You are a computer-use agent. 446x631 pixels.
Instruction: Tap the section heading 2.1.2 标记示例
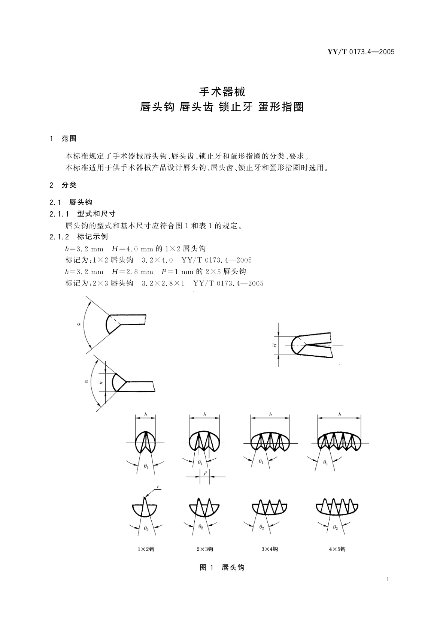[x=79, y=237]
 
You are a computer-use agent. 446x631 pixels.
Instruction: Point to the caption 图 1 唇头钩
[x=222, y=568]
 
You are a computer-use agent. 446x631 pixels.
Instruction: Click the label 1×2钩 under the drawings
[x=146, y=549]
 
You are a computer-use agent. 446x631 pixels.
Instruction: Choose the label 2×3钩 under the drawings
[x=205, y=549]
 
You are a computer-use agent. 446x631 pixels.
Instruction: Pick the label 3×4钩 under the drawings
[x=270, y=549]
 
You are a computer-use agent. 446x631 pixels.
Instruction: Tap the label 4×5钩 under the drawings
[x=337, y=549]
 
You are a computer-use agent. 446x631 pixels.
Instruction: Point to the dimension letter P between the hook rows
[x=205, y=473]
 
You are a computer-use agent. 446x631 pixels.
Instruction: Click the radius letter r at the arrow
[x=158, y=487]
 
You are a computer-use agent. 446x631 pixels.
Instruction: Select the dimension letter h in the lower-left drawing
[x=100, y=383]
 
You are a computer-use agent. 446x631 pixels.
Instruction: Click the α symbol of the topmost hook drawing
[x=79, y=324]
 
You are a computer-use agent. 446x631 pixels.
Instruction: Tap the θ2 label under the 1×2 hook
[x=146, y=528]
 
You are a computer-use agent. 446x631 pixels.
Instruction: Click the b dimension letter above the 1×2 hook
[x=145, y=415]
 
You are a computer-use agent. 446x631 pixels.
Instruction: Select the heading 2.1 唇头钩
[x=71, y=202]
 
